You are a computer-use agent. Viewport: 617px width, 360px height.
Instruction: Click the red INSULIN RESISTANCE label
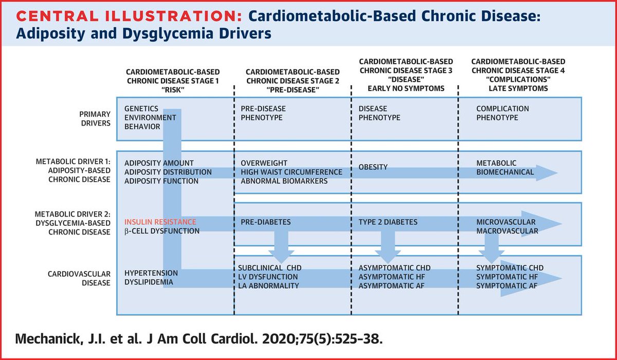(x=160, y=222)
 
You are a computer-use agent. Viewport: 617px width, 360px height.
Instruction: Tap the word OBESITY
(x=373, y=167)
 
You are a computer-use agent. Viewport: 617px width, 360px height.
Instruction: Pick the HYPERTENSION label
(x=151, y=273)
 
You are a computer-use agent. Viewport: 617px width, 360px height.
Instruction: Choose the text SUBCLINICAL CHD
(x=270, y=268)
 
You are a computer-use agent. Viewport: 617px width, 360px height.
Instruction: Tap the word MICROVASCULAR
(x=506, y=222)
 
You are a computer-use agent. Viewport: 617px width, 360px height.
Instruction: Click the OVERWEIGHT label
(x=264, y=163)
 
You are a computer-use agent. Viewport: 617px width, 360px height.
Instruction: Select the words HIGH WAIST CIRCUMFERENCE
(x=291, y=172)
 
